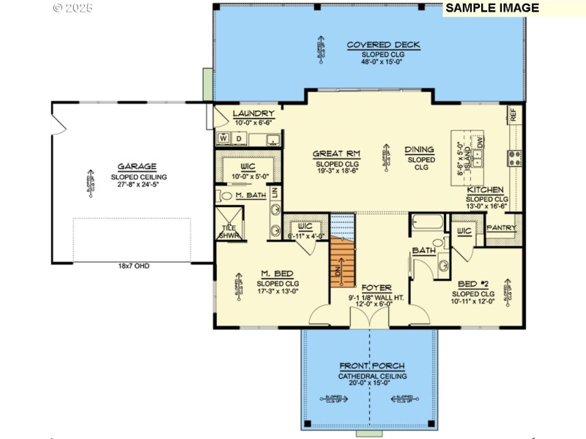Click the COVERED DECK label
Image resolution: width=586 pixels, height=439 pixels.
[383, 45]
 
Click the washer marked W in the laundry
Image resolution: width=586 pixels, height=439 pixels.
[223, 138]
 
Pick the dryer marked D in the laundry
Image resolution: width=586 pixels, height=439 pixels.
[239, 138]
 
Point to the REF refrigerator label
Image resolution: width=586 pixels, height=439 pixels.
[513, 115]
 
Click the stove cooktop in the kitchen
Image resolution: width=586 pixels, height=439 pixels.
[514, 155]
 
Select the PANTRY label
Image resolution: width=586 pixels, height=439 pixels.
[502, 228]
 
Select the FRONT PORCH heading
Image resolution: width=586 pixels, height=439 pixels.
[371, 366]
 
